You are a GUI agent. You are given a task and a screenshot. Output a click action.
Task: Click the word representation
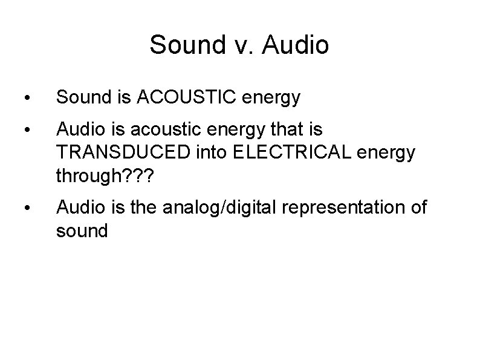tap(340, 208)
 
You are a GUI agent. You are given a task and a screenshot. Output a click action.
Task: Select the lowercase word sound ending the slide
tap(82, 231)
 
